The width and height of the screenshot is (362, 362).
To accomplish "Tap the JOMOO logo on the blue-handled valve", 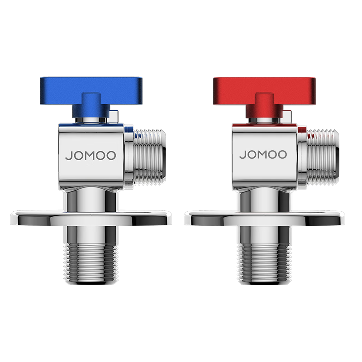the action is pos(90,155).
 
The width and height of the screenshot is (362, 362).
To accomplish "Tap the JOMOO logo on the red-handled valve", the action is pos(263,154).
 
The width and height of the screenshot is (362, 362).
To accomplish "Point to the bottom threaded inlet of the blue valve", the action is pos(92,263).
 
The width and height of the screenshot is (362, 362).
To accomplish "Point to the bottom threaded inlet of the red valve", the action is pos(265,263).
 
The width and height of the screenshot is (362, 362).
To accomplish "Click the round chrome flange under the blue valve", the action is pos(91,218).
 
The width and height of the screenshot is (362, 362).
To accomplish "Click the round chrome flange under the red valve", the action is pos(264,218).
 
